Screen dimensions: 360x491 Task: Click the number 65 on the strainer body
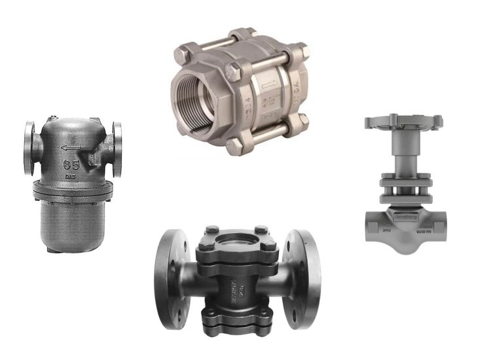pos(72,164)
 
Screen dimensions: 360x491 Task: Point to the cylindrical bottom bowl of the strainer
pos(71,223)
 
